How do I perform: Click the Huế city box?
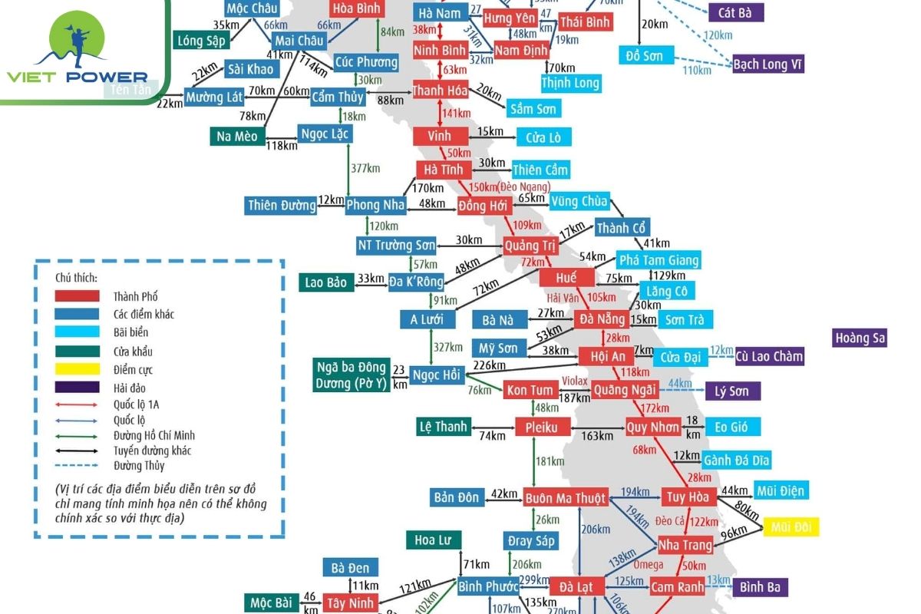pos(567,278)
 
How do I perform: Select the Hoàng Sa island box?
pos(860,338)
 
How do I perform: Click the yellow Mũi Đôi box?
pos(791,527)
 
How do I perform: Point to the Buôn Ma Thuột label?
pos(566,497)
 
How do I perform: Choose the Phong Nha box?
pos(375,205)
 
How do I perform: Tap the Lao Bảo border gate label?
pos(325,282)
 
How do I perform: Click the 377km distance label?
pos(365,168)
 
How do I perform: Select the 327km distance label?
pos(447,347)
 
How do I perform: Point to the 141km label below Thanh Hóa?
pos(456,114)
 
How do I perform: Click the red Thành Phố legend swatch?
pos(77,295)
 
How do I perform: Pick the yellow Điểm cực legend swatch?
pos(77,369)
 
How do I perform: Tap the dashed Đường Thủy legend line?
pos(77,465)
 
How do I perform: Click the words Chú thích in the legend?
pos(76,277)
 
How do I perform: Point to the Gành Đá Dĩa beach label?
pos(736,460)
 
